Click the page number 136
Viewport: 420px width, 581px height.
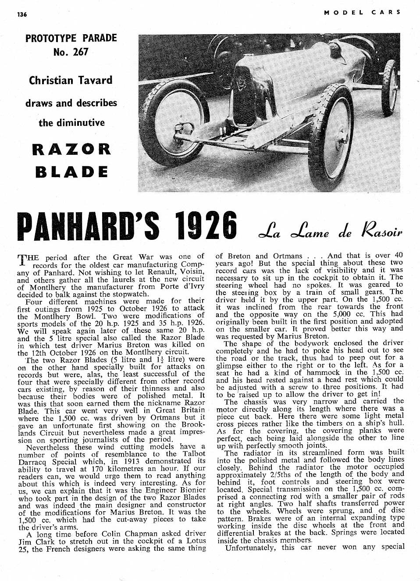pos(22,14)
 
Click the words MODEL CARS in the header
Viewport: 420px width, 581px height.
pos(362,12)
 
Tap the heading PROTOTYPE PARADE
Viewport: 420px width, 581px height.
pos(71,38)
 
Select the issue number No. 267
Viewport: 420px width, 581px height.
pos(71,52)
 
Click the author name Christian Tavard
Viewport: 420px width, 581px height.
pos(71,80)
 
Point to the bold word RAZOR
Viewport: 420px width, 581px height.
pos(71,149)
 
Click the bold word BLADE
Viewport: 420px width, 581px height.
pos(71,171)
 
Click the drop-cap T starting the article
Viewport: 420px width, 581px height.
pos(21,260)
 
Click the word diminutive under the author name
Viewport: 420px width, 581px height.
pos(71,123)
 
